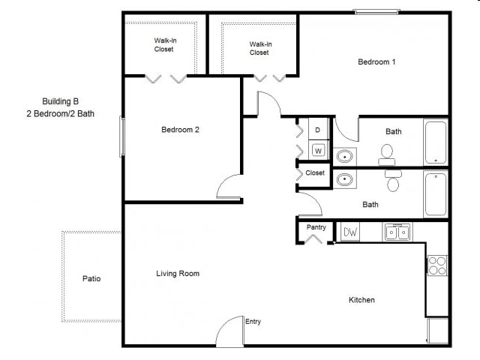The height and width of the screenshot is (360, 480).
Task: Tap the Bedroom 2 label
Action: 180,130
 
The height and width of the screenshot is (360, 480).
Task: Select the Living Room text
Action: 178,274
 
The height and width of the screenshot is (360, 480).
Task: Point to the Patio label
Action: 91,279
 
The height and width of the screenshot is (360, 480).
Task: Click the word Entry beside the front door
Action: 253,322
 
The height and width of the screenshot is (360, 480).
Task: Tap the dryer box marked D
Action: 318,130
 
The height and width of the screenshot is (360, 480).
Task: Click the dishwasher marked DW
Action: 350,232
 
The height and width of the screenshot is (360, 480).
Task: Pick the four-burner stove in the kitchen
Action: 437,265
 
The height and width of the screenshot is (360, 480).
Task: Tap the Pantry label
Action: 316,227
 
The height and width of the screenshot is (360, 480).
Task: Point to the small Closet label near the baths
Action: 315,173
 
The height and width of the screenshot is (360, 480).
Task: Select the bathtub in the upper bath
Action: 436,142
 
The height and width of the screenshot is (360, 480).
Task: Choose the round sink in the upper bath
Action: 344,156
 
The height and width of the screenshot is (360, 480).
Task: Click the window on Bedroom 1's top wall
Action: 376,11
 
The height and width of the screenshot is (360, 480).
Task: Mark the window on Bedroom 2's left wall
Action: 123,136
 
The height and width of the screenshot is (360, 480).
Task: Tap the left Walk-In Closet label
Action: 164,45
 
